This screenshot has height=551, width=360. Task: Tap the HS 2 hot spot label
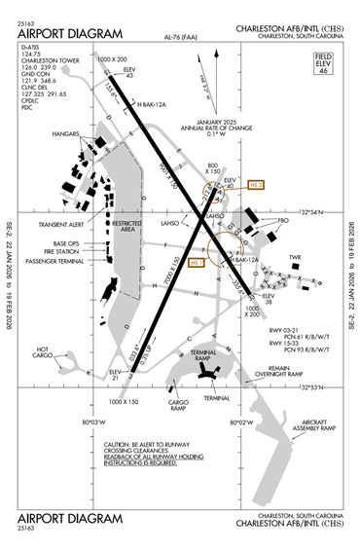tap(256, 184)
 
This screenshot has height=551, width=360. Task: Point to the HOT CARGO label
tap(44, 352)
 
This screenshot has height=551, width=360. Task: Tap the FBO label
tap(283, 221)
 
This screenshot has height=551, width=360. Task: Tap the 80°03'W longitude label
tap(91, 422)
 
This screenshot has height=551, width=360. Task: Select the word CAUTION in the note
tap(122, 444)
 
